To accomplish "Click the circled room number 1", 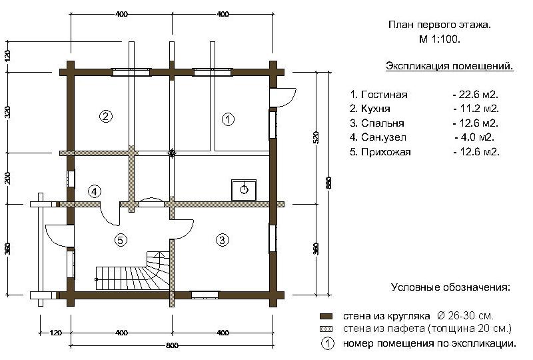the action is tap(228, 119).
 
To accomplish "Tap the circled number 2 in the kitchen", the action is tap(106, 117).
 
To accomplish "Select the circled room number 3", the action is tap(223, 240).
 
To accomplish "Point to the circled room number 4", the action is tap(95, 191).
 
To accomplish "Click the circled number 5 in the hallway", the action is tap(121, 240).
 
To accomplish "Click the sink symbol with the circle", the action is tap(244, 190).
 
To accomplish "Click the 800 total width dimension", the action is tap(172, 346).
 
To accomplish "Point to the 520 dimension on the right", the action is tap(316, 137).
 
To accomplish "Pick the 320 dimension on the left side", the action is tap(8, 112).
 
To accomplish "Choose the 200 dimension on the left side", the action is tap(8, 178).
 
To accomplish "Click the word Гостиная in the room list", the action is tap(384, 95).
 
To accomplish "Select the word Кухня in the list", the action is tap(376, 109).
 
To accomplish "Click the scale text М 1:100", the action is tap(440, 39).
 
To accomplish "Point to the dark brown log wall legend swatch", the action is tap(326, 316).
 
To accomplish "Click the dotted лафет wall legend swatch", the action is tap(326, 329).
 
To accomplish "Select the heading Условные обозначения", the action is tap(451, 287).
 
